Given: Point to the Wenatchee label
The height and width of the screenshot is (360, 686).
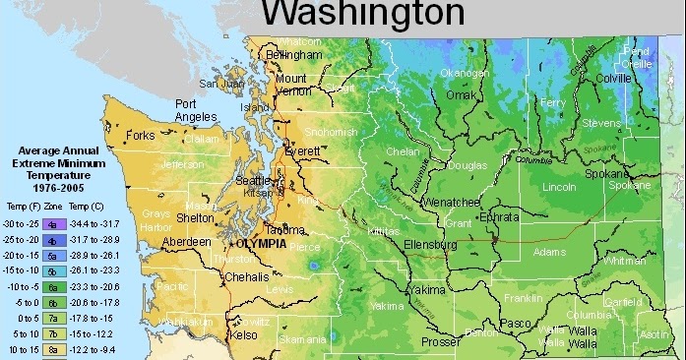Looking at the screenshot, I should pos(450,201).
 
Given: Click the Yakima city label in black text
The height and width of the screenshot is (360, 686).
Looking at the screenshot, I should pos(427,291).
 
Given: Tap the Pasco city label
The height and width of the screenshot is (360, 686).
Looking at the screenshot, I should pos(515,323).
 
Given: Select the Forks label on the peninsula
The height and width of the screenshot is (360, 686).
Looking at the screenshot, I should pos(141,136).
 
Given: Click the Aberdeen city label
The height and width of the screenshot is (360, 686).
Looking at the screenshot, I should pos(187,241).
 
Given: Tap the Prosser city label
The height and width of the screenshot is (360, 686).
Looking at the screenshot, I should pos(441,342).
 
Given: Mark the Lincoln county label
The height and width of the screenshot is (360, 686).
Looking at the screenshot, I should pos(559,186).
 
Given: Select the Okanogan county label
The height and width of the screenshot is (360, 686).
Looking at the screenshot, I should pos(465,73).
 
